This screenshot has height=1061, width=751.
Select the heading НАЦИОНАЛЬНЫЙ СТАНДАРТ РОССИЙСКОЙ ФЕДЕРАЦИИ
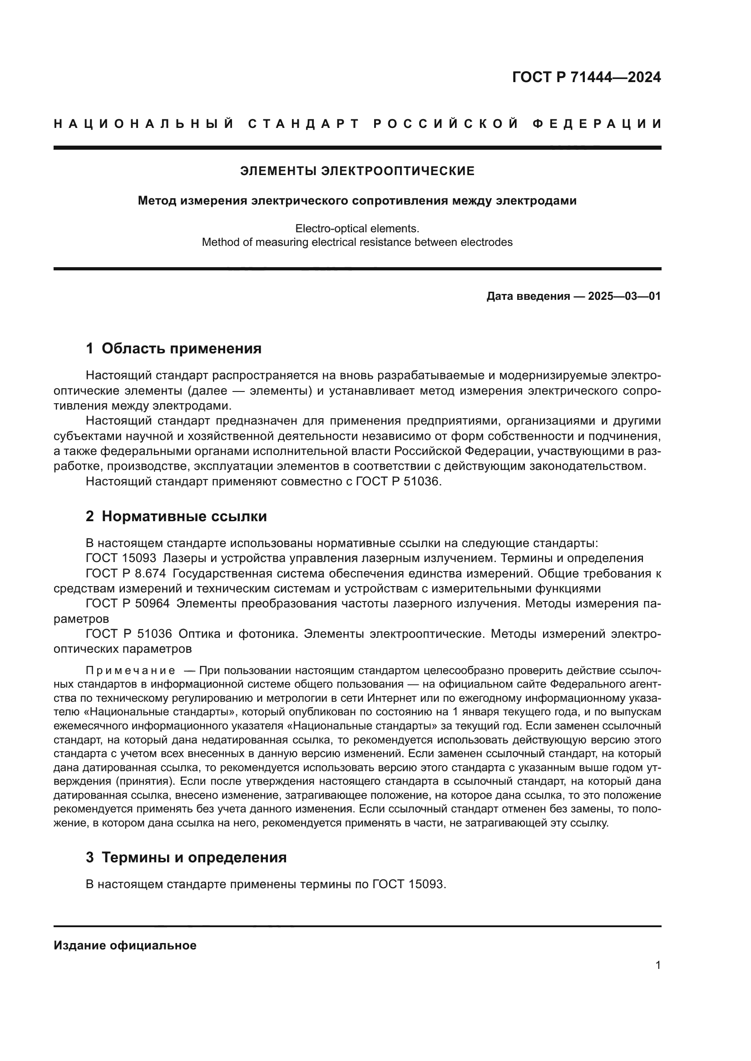[357, 124]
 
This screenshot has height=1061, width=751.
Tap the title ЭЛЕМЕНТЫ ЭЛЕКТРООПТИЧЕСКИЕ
[357, 171]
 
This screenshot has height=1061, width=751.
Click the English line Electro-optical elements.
[357, 228]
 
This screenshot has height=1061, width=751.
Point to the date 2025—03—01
[624, 296]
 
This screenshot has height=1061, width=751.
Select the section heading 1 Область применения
[174, 348]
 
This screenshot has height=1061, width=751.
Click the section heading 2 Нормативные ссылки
[176, 516]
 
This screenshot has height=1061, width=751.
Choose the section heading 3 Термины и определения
[186, 858]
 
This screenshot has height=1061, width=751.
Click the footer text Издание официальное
[125, 945]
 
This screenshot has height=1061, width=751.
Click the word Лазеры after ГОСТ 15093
[183, 558]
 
